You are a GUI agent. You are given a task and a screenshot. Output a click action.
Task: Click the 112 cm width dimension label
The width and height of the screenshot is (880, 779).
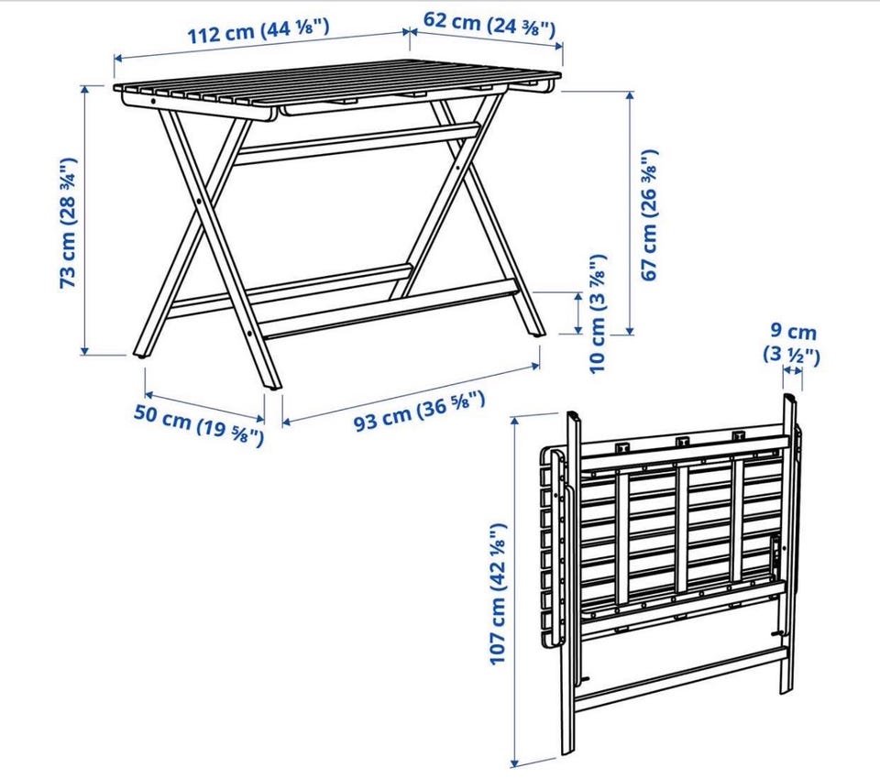[258, 30]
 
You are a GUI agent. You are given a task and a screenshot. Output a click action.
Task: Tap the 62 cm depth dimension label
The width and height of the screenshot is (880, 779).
[489, 23]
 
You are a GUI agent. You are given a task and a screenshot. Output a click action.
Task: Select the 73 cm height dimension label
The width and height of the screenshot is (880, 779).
[68, 223]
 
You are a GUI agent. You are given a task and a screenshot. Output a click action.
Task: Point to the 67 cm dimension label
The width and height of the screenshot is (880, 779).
[648, 214]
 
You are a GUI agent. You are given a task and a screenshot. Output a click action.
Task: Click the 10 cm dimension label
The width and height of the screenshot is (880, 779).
[598, 313]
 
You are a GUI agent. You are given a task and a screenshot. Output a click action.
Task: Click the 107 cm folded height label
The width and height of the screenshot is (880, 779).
[498, 594]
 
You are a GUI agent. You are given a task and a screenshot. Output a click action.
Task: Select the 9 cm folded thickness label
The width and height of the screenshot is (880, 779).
[791, 344]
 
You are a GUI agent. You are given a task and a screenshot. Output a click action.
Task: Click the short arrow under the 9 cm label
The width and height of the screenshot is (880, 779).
[792, 370]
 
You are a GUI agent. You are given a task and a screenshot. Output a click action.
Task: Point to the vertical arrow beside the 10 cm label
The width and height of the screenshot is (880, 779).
[578, 313]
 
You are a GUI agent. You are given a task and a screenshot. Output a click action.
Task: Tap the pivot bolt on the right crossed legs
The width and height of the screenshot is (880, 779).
[458, 167]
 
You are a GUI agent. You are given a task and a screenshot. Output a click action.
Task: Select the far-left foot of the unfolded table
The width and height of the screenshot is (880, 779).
[141, 354]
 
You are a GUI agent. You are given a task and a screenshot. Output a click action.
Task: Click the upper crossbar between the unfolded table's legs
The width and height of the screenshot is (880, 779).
[357, 145]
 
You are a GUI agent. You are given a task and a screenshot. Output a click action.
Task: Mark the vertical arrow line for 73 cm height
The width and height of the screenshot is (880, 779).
[84, 220]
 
